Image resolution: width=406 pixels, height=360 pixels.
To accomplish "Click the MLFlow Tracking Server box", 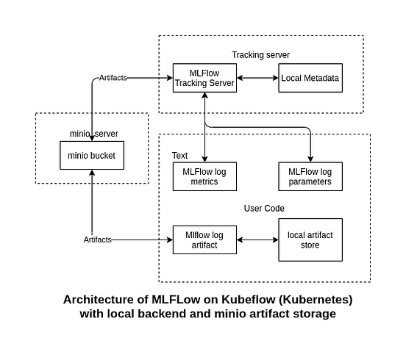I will (x=204, y=78).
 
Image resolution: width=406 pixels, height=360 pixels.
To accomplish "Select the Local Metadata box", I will (x=310, y=78).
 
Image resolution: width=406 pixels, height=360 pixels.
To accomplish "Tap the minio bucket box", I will (x=91, y=155).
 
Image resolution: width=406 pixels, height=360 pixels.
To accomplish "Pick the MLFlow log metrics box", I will (x=204, y=176).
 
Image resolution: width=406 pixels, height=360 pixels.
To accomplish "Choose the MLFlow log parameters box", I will (x=310, y=176).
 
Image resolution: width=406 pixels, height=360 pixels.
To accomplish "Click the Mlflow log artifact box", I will (x=204, y=240).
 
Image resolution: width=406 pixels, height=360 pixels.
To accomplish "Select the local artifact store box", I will (x=310, y=240).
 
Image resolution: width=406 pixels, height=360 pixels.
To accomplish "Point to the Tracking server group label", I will (x=260, y=55).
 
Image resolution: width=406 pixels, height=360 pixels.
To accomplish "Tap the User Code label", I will (x=264, y=209).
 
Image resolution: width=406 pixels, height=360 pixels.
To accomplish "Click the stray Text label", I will (x=179, y=155).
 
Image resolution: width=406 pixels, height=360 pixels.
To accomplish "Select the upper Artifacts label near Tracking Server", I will (x=112, y=78).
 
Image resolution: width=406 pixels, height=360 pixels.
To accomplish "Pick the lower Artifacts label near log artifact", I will (x=98, y=240).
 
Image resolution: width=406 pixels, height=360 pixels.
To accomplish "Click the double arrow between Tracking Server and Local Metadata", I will (x=257, y=78).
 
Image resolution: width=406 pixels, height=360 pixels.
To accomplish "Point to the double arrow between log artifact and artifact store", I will (x=257, y=240).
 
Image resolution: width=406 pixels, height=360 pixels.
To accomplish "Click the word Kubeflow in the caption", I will (x=221, y=300).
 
